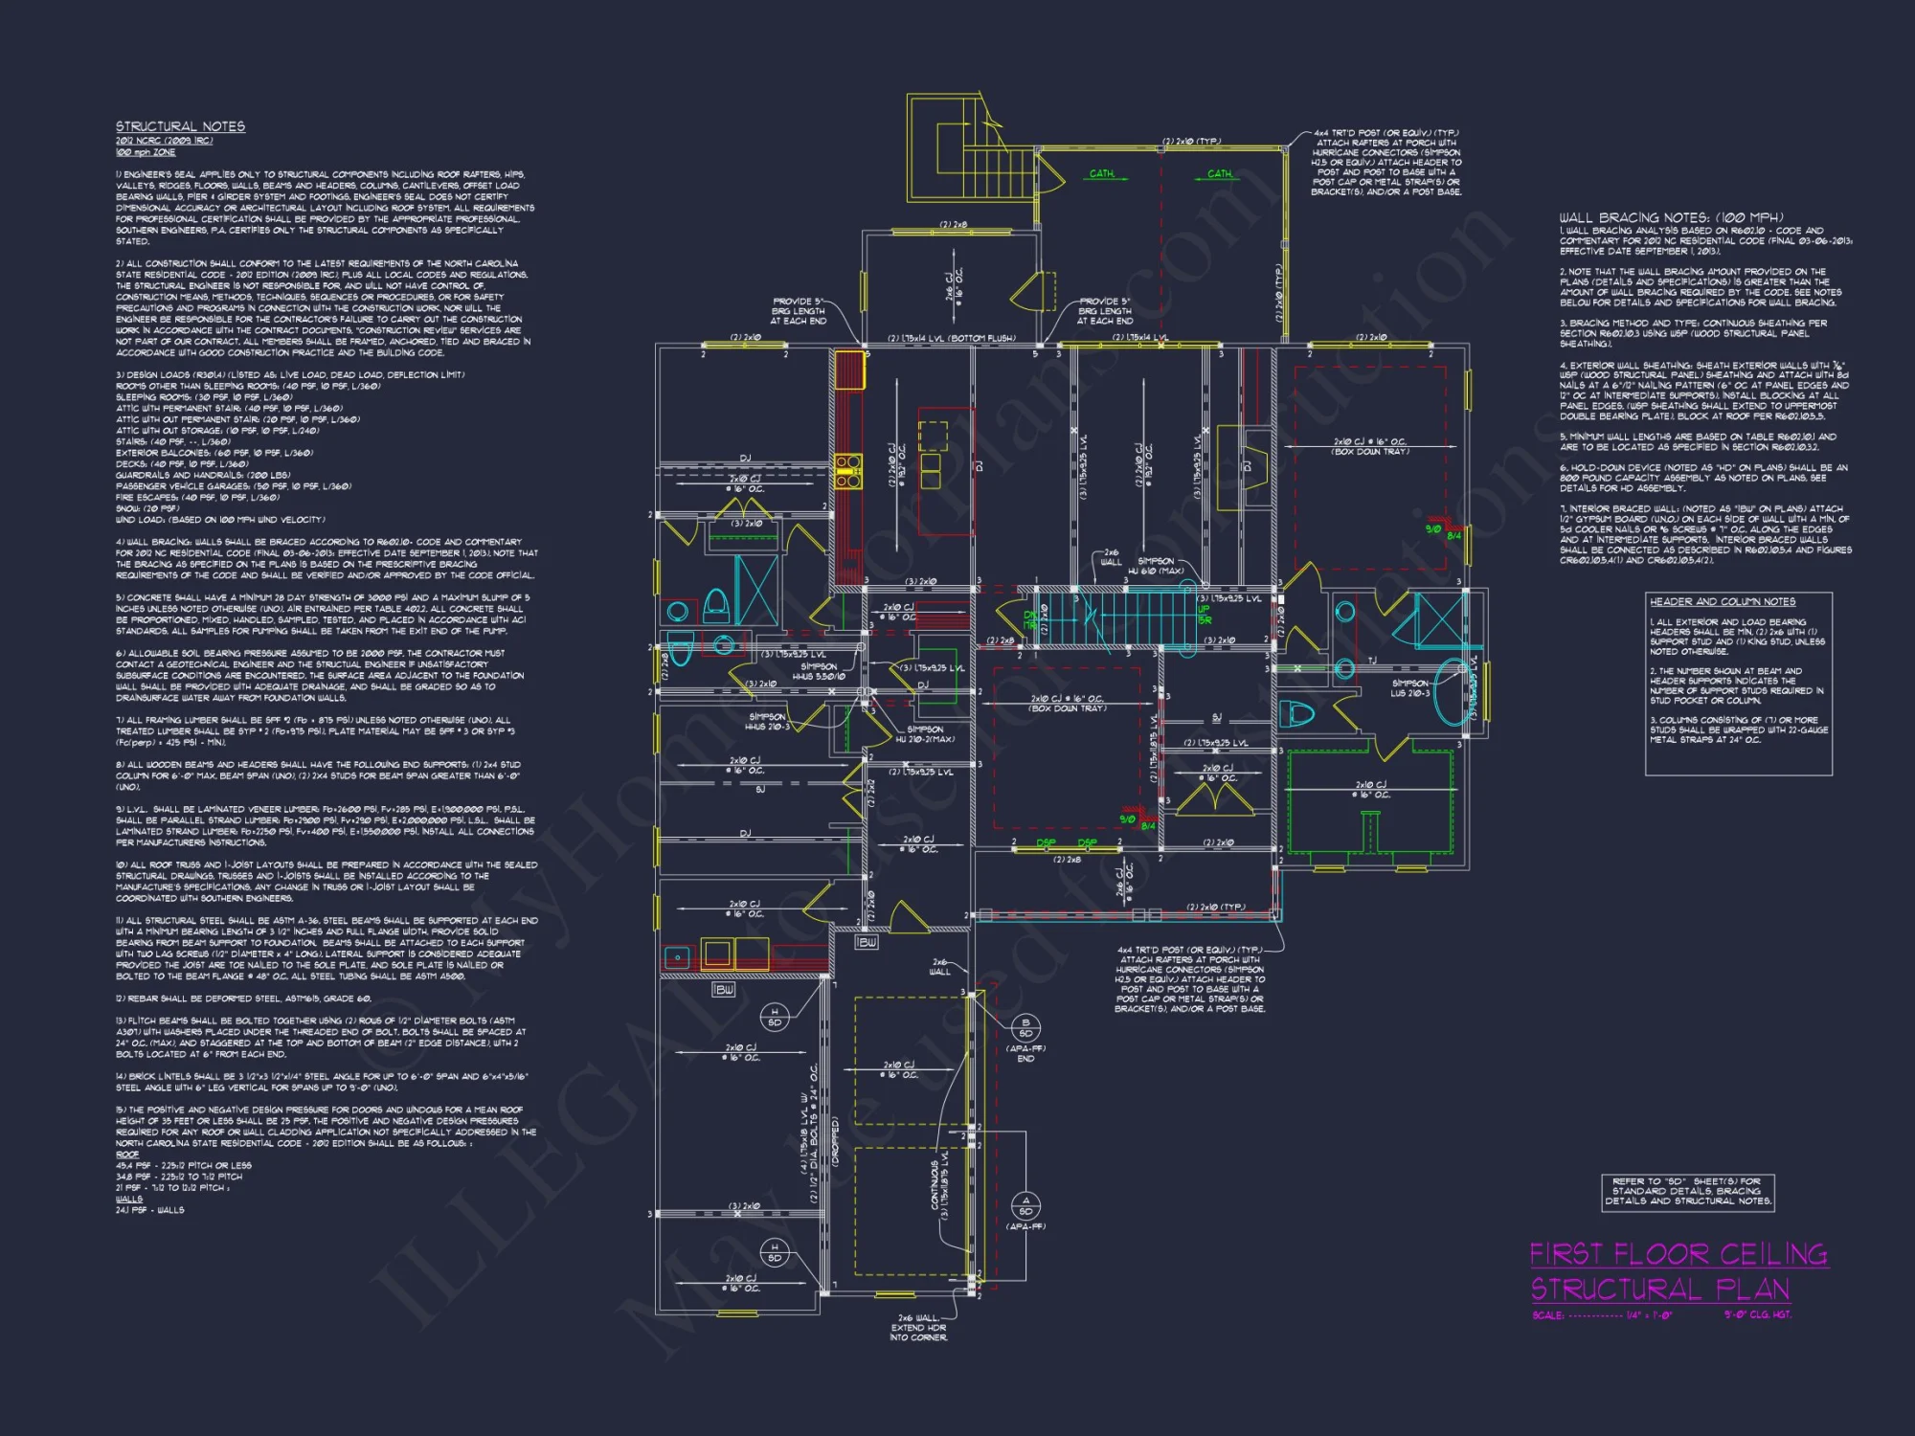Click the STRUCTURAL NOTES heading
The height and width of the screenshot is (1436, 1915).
tap(180, 126)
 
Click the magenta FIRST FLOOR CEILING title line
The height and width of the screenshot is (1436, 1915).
tap(1678, 1254)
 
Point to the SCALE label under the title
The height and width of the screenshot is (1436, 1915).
tap(1547, 1315)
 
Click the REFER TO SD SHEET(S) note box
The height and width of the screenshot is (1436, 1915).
tap(1687, 1192)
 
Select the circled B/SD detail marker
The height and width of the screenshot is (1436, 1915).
tap(1025, 1028)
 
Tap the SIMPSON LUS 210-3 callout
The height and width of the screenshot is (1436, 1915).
tap(1410, 688)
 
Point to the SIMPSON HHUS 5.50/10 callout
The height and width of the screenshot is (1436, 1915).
tap(819, 671)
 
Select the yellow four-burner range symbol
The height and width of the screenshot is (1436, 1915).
tap(847, 472)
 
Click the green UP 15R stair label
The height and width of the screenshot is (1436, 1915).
tap(1204, 614)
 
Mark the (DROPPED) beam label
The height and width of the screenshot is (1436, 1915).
tap(835, 1139)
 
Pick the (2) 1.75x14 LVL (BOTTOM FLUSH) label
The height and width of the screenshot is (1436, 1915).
tap(951, 339)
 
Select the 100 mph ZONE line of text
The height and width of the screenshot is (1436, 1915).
tap(146, 152)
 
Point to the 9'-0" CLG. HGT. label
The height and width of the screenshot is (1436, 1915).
tap(1757, 1314)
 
